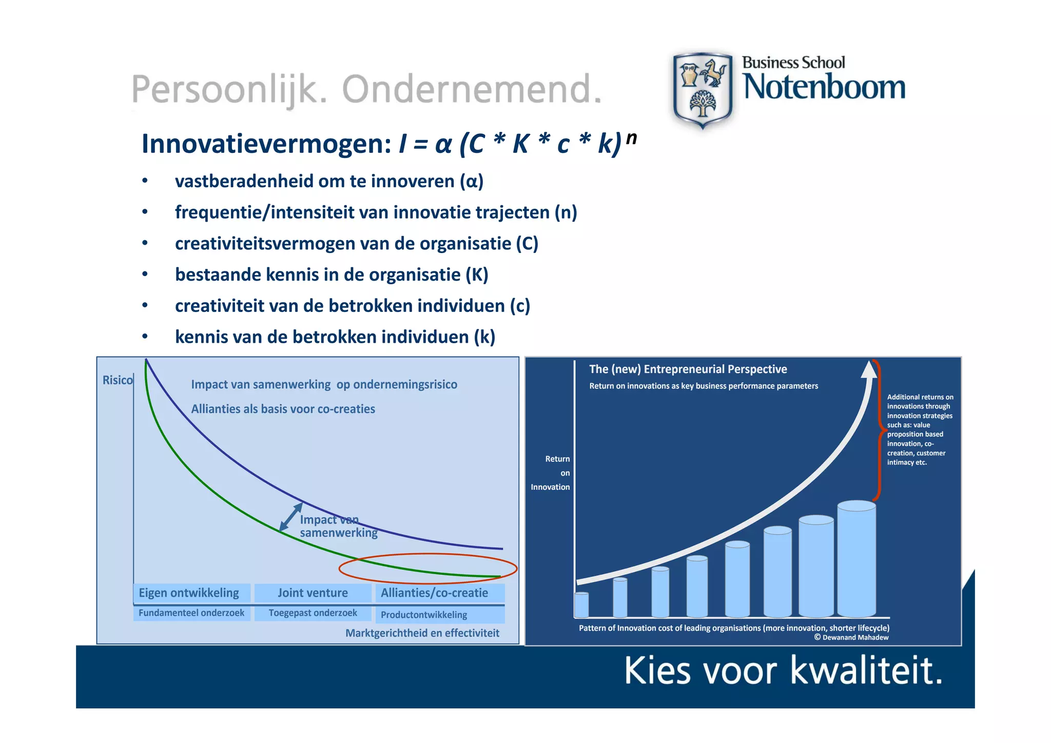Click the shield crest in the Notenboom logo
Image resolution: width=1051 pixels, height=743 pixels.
[702, 90]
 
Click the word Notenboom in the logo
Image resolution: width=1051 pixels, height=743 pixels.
[824, 87]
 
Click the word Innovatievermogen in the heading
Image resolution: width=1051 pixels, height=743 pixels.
[266, 144]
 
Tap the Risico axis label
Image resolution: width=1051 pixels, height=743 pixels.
[117, 380]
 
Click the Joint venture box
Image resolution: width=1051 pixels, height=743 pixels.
[313, 593]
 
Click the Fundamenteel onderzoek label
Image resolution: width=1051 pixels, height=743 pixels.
[191, 613]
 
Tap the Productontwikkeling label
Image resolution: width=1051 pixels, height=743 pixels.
[424, 615]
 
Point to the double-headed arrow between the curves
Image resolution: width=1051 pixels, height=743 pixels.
[291, 517]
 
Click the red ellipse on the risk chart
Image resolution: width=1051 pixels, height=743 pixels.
[427, 555]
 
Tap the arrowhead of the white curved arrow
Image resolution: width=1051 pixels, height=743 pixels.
[869, 369]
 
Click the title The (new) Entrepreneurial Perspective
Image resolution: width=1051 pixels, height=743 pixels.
[688, 369]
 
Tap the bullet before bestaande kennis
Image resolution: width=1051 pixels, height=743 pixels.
[145, 275]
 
